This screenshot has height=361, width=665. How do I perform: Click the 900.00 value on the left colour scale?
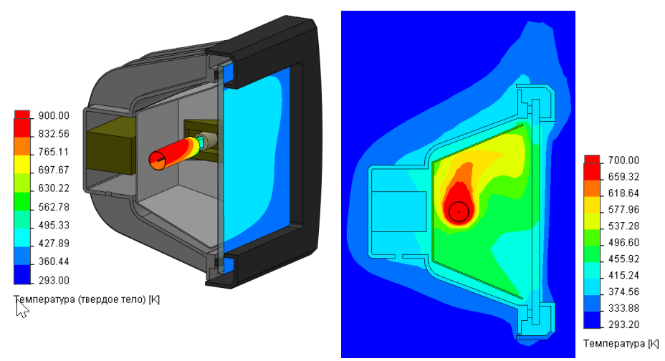pos(54,115)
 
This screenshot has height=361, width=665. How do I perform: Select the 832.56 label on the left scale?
pos(54,134)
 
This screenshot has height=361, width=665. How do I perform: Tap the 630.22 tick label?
pos(54,188)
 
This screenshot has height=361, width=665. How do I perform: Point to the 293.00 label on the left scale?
pos(54,280)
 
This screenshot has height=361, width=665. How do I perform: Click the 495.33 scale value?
pos(54,225)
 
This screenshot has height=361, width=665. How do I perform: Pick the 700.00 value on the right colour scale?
pos(623,160)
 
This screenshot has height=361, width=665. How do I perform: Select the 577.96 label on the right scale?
pos(623,209)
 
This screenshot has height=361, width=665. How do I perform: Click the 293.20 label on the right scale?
pos(623,324)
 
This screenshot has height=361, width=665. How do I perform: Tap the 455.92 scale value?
pos(623,259)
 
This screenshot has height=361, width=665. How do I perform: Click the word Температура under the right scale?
pos(613,344)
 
